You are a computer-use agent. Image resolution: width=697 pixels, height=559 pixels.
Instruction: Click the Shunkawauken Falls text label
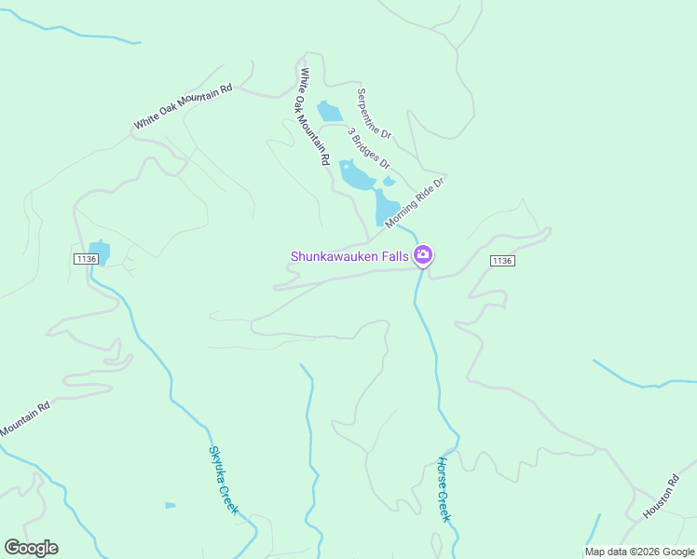pos(349,255)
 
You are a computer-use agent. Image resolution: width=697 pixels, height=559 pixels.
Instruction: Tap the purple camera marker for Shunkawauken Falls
pos(423,255)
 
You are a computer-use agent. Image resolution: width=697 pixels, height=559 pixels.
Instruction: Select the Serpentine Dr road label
pos(374,114)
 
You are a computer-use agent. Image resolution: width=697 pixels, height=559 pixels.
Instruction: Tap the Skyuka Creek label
pos(224,479)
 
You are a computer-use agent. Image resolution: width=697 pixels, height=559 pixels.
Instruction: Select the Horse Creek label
pos(444,488)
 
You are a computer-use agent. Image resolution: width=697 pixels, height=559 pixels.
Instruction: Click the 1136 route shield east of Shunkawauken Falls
pos(501,261)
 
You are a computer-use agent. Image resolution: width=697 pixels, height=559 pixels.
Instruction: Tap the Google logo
pos(31,548)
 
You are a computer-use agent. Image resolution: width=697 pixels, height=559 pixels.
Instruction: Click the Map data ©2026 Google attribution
pos(639,552)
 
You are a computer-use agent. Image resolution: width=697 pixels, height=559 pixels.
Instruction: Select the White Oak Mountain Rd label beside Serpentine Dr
pos(313,116)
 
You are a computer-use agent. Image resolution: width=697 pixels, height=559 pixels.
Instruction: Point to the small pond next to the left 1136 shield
pos(101,252)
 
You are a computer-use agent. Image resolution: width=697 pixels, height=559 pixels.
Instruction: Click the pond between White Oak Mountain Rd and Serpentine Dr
pos(329,112)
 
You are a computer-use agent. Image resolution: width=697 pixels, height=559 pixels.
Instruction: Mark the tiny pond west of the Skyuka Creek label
pos(171,505)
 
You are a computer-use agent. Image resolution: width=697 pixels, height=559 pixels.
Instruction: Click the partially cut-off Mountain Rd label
pos(24,419)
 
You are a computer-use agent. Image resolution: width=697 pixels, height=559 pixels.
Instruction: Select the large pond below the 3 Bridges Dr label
pos(355,174)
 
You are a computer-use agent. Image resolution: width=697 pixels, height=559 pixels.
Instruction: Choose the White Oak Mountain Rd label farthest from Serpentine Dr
pos(182,107)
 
